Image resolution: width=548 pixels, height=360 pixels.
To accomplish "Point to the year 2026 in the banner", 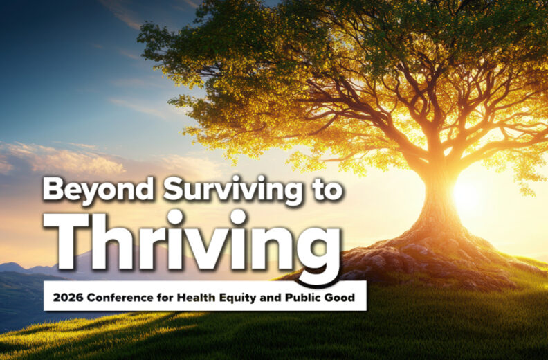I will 64,296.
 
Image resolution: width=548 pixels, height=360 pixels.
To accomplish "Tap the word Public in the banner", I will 293,296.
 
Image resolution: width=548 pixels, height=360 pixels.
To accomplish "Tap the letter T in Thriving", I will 66,239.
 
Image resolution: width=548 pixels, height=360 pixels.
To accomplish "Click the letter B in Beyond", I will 53,189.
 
